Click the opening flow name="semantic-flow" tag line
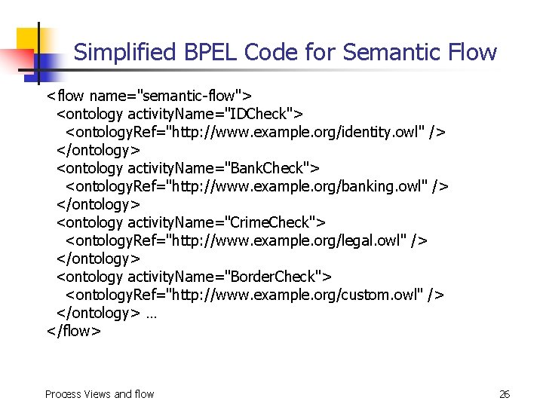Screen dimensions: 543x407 point(149,96)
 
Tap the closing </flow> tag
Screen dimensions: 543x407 point(73,331)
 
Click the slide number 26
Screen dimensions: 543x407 point(505,394)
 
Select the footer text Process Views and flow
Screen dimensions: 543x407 point(100,394)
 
